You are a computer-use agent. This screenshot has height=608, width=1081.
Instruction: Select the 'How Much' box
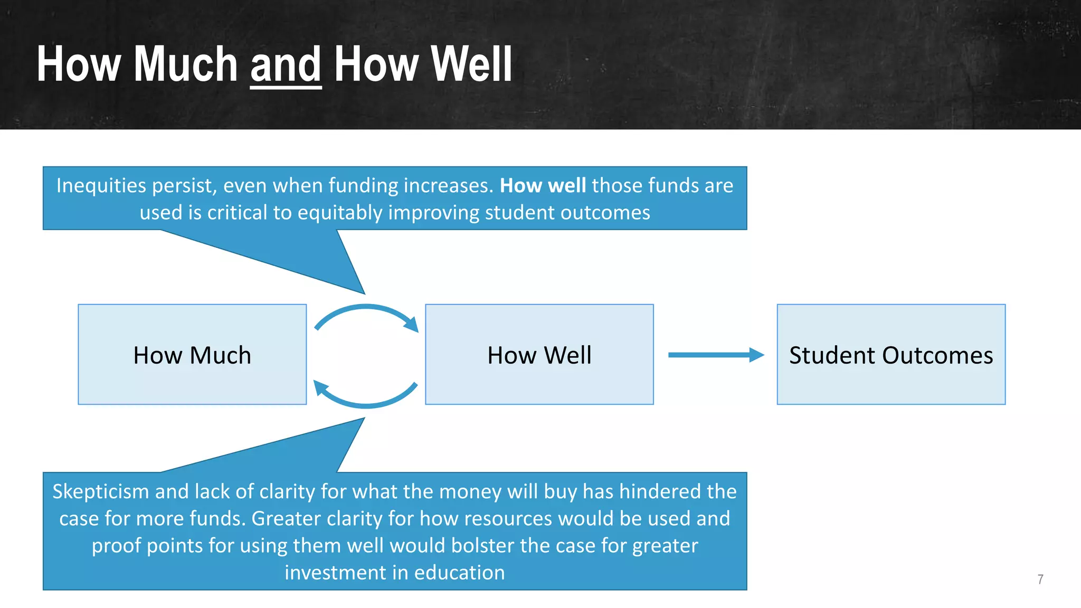192,355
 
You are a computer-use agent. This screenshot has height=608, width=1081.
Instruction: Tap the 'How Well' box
539,355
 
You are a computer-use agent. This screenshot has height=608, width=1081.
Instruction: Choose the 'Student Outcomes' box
891,355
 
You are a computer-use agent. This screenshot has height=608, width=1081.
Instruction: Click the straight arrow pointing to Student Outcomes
715,355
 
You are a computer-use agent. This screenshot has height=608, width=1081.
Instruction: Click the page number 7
1040,579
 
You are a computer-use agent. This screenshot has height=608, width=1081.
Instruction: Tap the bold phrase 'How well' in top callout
543,186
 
